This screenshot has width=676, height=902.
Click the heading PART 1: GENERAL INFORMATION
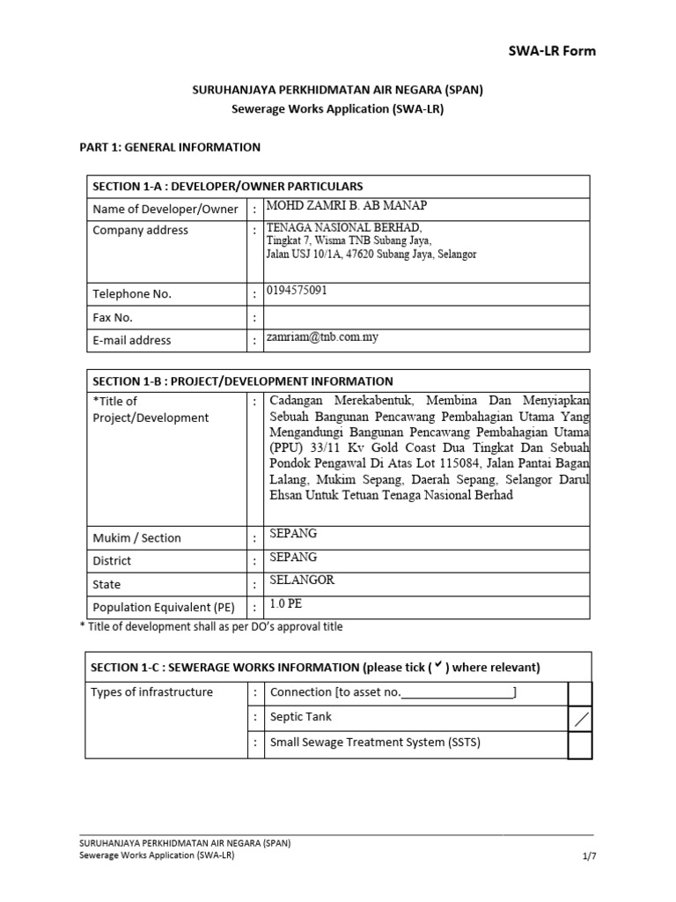170,147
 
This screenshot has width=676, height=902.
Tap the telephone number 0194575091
296,290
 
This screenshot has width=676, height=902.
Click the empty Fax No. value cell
427,317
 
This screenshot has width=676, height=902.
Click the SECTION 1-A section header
227,186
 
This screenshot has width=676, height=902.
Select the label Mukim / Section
136,538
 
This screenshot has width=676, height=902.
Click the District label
112,561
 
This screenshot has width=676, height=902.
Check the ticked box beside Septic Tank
579,719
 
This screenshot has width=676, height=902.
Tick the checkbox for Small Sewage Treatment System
579,745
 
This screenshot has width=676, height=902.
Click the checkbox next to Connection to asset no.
579,693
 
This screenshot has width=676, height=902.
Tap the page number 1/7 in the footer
589,854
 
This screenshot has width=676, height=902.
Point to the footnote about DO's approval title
211,627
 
